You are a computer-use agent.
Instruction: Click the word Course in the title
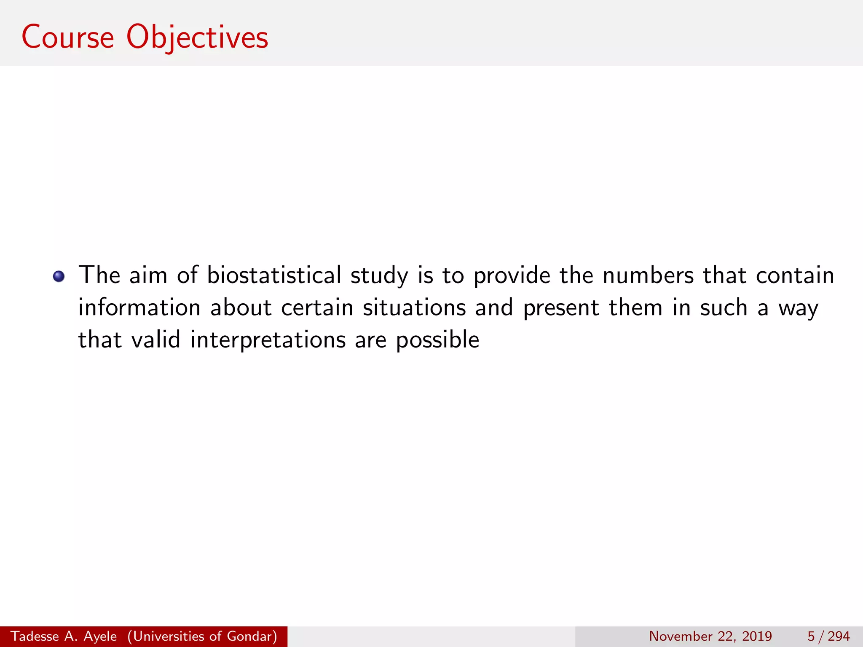(68, 37)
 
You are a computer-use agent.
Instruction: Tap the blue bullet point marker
(59, 277)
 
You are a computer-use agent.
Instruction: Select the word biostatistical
(274, 275)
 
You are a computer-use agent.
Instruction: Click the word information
(139, 307)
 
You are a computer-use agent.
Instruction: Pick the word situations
(414, 307)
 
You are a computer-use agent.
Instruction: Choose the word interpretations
(268, 340)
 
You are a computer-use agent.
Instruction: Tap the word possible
(437, 340)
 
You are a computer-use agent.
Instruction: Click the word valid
(155, 340)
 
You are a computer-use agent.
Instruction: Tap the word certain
(317, 307)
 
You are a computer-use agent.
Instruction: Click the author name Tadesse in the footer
(35, 636)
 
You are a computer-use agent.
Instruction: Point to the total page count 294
(839, 636)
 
